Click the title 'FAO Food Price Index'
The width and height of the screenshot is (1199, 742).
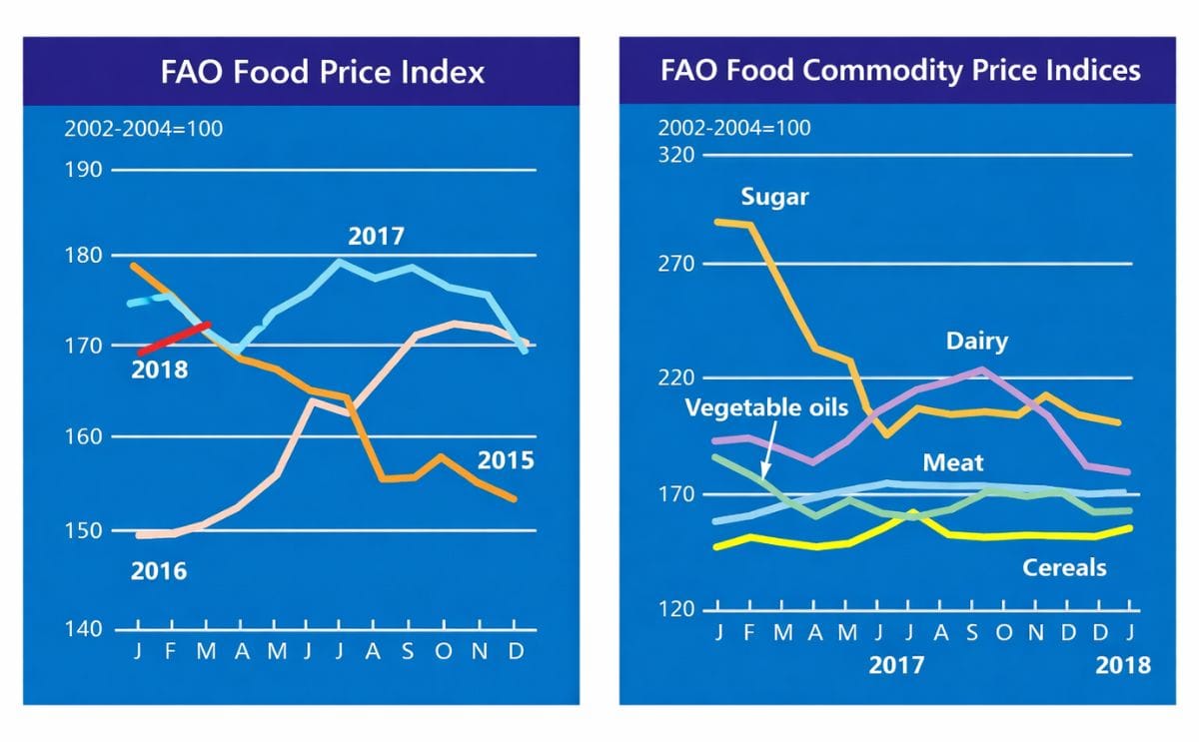click(322, 72)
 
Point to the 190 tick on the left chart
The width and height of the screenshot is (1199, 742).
click(85, 170)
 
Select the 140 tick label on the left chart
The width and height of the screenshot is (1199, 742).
click(85, 629)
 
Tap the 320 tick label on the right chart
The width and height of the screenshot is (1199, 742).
click(675, 155)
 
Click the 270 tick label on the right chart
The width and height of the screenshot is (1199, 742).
click(675, 264)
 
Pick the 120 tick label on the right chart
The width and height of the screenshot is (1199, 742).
click(675, 609)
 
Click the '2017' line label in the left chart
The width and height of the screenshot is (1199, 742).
click(376, 237)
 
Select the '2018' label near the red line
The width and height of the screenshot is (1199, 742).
click(160, 371)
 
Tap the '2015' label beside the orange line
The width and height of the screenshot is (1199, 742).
click(505, 460)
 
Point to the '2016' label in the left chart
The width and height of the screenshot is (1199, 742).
click(160, 571)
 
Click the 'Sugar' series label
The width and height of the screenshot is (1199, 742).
click(774, 197)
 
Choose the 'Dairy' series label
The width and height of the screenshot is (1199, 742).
click(977, 342)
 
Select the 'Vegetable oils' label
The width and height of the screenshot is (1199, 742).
click(766, 407)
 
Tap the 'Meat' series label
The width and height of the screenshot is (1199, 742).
click(952, 462)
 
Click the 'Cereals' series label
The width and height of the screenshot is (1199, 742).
click(1064, 567)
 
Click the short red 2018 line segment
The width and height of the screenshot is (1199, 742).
click(175, 339)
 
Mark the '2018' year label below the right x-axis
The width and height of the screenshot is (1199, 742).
click(1124, 665)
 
